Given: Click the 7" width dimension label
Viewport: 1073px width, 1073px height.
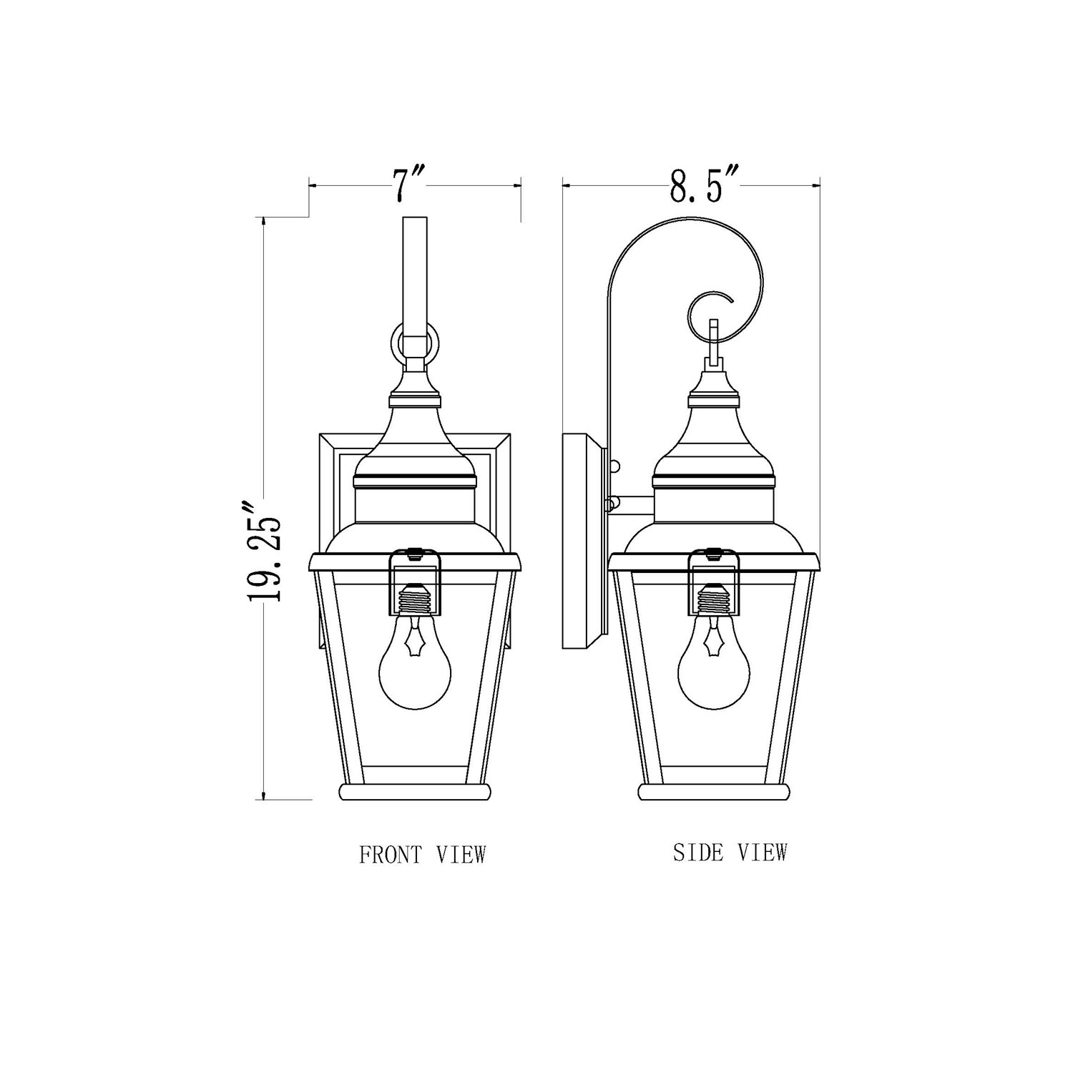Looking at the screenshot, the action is [x=410, y=185].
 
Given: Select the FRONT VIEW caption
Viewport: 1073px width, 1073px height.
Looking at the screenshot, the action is [x=422, y=855].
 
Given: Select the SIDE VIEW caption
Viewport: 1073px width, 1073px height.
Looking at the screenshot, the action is [x=730, y=853].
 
